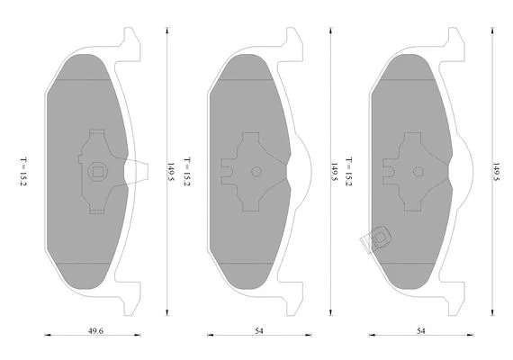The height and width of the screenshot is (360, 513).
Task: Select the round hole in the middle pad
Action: [x=256, y=171]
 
